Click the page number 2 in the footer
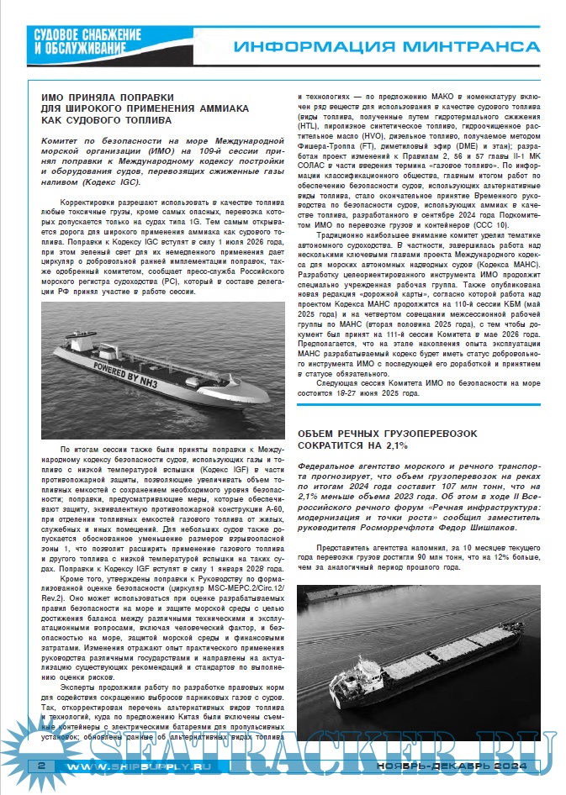(40, 766)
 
